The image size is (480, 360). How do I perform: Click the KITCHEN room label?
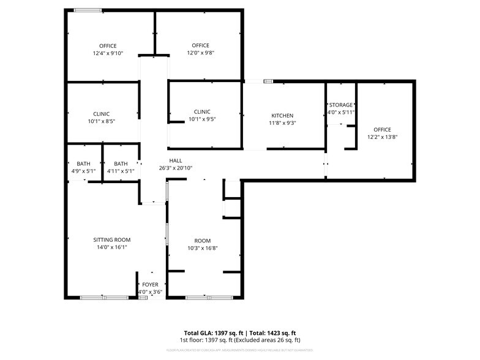282,116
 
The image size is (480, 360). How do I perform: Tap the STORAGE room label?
341,105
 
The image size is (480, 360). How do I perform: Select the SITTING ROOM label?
111,239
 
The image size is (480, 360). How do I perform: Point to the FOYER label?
150,285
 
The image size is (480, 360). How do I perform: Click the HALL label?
176,160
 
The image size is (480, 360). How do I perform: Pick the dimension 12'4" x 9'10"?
108,53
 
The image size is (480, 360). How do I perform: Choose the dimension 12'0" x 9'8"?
200,53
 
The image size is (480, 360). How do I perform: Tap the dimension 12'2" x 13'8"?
382,137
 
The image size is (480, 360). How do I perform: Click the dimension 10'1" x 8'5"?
102,121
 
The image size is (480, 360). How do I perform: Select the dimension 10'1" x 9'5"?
202,119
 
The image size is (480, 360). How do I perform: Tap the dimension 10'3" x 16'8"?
203,248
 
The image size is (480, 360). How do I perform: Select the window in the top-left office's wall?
88,10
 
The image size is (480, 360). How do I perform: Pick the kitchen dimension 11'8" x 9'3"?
282,123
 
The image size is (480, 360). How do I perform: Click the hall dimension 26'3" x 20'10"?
176,168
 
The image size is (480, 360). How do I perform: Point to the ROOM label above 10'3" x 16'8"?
203,241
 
